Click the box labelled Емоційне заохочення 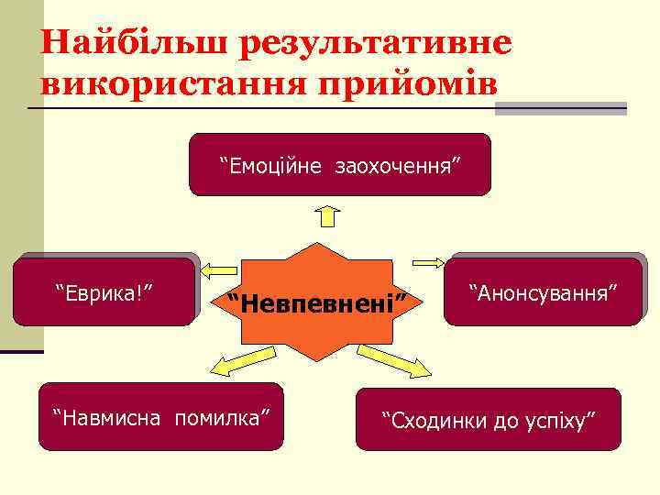click(340, 165)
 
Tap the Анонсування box click(544, 291)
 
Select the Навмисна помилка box click(161, 417)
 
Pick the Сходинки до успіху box click(489, 420)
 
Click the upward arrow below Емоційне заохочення click(329, 216)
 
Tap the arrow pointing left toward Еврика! click(218, 269)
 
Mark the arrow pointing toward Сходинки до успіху click(392, 360)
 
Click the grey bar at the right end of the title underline click(561, 108)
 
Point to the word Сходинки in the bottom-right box click(432, 421)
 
